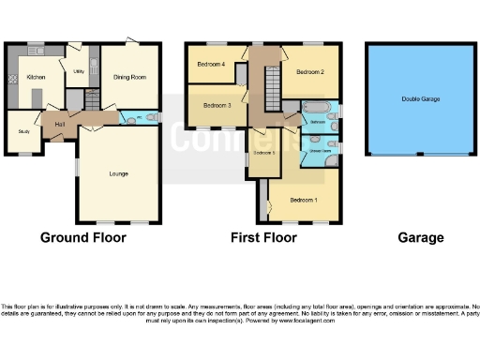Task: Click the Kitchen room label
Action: point(36,77)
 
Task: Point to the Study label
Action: point(23,132)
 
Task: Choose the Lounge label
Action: point(118,173)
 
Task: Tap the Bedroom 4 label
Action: point(211,64)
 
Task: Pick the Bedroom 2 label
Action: point(310,71)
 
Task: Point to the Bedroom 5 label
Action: point(263,153)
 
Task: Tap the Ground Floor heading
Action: point(82,237)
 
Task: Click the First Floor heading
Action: point(263,237)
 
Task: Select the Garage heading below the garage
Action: point(420,237)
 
